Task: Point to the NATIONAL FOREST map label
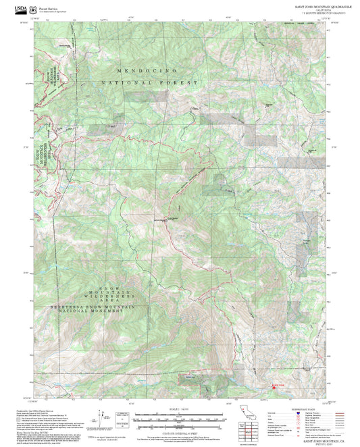click(x=150, y=82)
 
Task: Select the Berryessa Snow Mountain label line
click(x=94, y=307)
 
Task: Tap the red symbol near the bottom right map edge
click(x=274, y=386)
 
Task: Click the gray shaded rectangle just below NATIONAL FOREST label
click(x=155, y=96)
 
